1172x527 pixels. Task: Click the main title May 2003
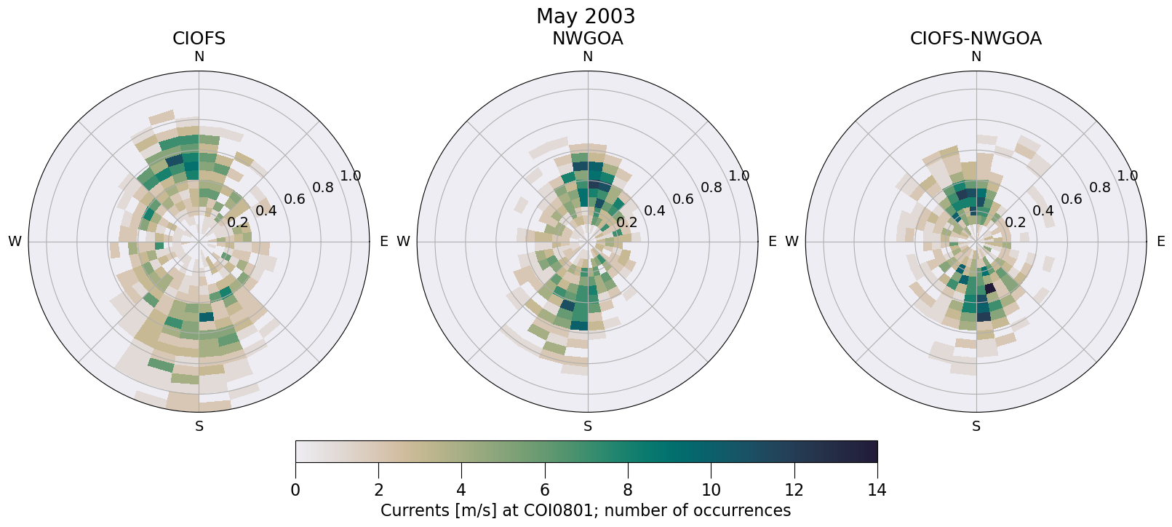pyautogui.click(x=586, y=16)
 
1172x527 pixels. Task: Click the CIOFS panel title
pyautogui.click(x=199, y=39)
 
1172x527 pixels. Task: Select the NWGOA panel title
pyautogui.click(x=587, y=39)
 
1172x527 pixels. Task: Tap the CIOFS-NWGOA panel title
pyautogui.click(x=976, y=39)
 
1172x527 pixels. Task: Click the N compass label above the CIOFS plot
pyautogui.click(x=199, y=57)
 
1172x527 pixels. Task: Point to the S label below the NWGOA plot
pyautogui.click(x=588, y=427)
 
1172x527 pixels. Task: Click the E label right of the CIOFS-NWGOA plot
pyautogui.click(x=1160, y=242)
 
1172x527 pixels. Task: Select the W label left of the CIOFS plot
pyautogui.click(x=15, y=242)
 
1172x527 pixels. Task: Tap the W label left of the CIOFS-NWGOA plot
pyautogui.click(x=792, y=242)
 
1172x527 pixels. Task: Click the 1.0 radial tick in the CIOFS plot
pyautogui.click(x=351, y=175)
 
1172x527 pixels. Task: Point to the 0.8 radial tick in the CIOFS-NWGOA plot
pyautogui.click(x=1100, y=188)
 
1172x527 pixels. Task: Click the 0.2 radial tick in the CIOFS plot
pyautogui.click(x=238, y=223)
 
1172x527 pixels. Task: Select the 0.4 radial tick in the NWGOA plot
pyautogui.click(x=655, y=211)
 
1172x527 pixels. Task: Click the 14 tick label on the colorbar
pyautogui.click(x=877, y=490)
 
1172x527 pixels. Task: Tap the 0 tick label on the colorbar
pyautogui.click(x=295, y=490)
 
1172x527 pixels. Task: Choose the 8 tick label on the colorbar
pyautogui.click(x=628, y=490)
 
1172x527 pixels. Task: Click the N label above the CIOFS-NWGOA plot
pyautogui.click(x=976, y=57)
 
